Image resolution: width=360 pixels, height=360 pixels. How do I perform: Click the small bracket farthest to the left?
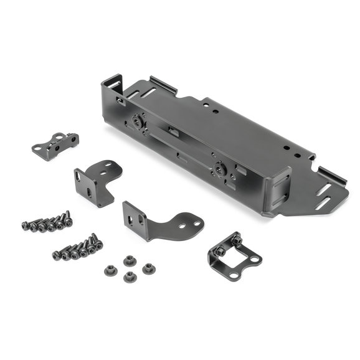tap(54, 144)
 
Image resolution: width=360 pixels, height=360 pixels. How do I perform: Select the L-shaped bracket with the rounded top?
tap(95, 180)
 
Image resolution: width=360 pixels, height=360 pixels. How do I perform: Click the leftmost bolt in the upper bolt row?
tap(26, 225)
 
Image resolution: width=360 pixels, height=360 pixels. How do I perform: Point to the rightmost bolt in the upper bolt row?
tap(67, 218)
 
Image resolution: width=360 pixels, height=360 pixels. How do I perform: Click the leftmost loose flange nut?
tap(107, 270)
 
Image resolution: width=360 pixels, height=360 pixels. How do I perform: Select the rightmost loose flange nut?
tap(148, 269)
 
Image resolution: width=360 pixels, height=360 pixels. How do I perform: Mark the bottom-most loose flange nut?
tap(130, 277)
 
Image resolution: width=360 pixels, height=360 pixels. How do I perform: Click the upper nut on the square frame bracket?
tap(237, 239)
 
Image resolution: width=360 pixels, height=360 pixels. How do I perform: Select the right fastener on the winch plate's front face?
tap(220, 166)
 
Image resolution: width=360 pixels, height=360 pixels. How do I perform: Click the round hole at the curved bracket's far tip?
tap(196, 222)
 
